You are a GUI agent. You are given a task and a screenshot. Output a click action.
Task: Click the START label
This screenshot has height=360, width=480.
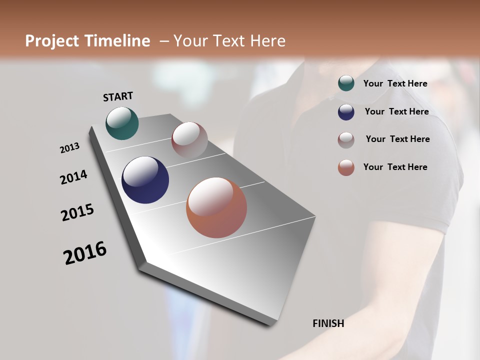(118, 96)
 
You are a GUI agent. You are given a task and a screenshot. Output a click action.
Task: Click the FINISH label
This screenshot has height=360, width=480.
(328, 323)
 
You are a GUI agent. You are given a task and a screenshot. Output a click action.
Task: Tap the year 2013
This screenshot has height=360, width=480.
(69, 148)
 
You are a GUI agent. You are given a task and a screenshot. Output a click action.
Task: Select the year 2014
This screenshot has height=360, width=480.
(73, 177)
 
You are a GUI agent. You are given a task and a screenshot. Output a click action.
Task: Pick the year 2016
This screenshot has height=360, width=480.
(85, 253)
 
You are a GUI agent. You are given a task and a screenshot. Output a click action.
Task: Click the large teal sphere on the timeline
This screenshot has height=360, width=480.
(122, 123)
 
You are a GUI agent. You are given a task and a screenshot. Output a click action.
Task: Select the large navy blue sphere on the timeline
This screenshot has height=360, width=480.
(145, 180)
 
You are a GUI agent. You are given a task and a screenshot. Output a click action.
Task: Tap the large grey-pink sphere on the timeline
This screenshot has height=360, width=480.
(189, 139)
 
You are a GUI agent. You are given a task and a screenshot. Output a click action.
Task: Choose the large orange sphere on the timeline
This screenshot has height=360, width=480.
(216, 207)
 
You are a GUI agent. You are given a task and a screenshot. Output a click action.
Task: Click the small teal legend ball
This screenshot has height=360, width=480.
(346, 83)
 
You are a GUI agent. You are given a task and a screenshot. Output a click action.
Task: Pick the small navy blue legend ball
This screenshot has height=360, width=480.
(346, 112)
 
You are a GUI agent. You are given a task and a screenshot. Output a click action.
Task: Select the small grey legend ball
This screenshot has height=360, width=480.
(346, 140)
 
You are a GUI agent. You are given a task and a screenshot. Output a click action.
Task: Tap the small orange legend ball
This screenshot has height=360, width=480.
(346, 167)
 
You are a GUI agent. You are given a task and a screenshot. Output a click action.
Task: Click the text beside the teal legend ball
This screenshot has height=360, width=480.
(395, 83)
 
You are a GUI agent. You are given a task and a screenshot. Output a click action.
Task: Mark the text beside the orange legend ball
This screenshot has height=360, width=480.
(395, 167)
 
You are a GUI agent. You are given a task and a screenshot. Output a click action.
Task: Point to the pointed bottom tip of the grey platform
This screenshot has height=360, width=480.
(270, 325)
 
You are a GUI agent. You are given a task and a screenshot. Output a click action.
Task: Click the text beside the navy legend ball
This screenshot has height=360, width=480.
(396, 111)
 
